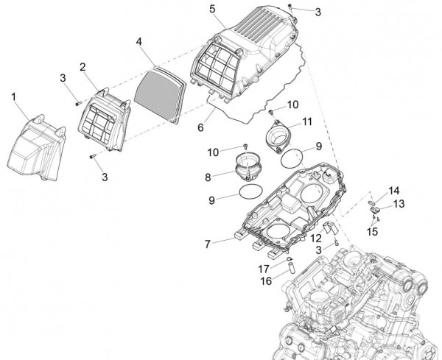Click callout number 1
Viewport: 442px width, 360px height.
click(x=13, y=96)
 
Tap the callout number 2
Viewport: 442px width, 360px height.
click(x=83, y=67)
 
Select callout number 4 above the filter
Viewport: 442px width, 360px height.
click(x=138, y=42)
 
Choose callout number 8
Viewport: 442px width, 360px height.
click(x=208, y=177)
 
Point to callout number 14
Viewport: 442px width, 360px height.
click(x=395, y=190)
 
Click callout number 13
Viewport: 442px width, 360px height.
click(x=399, y=203)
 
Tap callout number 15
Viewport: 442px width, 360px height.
click(x=371, y=231)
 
